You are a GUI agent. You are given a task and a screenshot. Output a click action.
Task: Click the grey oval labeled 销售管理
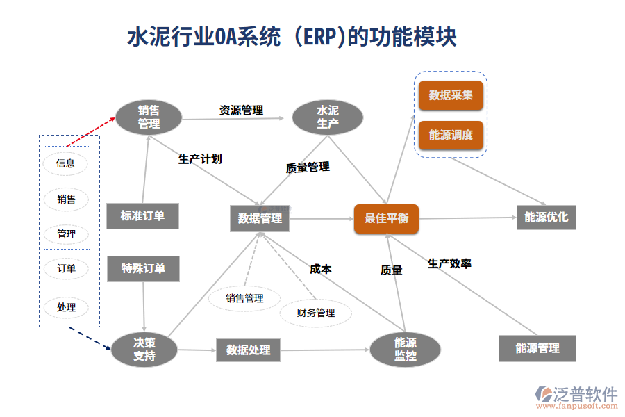coord(148,117)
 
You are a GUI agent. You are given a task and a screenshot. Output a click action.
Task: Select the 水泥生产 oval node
coord(327,117)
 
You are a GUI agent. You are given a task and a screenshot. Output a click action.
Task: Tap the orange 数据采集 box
coord(451,95)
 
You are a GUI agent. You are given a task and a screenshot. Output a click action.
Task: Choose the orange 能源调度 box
coord(451,135)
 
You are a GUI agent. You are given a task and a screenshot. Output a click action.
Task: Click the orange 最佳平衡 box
coord(386,218)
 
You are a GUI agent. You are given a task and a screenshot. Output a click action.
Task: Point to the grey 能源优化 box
coord(546,218)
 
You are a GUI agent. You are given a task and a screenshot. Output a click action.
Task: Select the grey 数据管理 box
coord(260,218)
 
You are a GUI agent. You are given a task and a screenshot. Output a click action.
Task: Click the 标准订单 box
coord(143,215)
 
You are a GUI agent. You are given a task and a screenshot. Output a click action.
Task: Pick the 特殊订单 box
coord(143,269)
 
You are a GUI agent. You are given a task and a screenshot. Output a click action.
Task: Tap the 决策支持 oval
coord(144,350)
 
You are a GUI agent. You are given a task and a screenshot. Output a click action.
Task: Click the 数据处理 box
coord(248,350)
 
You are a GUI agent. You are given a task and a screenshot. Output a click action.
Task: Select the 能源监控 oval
coord(405,349)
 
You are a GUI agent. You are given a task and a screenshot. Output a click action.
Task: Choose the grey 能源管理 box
coord(537,348)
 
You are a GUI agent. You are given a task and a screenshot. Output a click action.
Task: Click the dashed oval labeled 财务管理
coord(316,313)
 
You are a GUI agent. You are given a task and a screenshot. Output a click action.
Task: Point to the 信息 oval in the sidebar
coord(66,164)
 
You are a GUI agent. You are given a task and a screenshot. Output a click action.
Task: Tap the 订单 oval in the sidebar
coord(66,269)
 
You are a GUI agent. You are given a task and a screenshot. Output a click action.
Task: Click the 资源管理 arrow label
coord(241,110)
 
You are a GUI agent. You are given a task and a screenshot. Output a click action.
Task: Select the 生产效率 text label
coord(449,264)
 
